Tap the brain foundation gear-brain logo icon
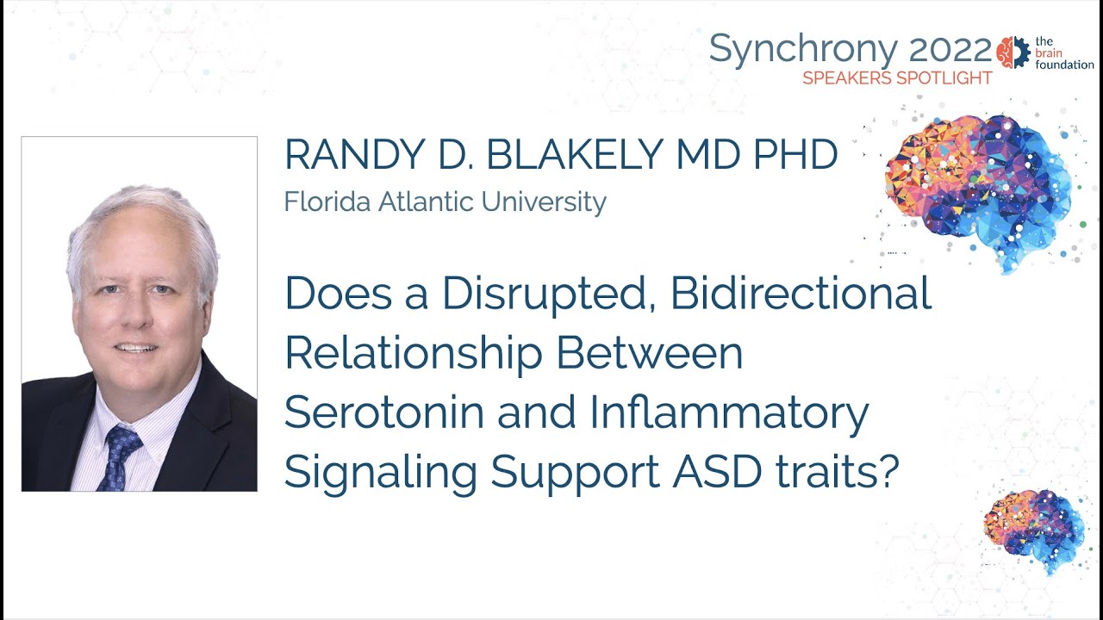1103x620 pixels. coord(1013,53)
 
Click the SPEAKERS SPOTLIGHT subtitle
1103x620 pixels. coord(897,78)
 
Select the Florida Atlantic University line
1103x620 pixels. coord(445,202)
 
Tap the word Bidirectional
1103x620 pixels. coord(801,294)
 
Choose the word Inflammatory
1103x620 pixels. coord(729,413)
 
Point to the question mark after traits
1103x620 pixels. coord(888,471)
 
